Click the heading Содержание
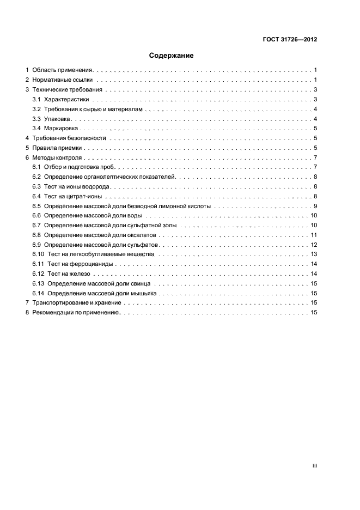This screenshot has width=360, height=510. [x=172, y=56]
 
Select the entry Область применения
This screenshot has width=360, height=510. [x=63, y=70]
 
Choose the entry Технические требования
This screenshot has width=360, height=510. [x=67, y=89]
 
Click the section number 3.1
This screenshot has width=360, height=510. [x=36, y=99]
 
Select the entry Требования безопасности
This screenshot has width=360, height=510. [x=69, y=138]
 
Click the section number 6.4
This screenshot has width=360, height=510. [x=36, y=196]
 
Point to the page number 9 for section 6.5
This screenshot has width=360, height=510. [x=315, y=206]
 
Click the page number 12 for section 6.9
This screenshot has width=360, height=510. [x=314, y=245]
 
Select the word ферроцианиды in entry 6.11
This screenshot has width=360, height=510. [x=95, y=264]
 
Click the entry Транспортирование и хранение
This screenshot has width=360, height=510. [x=79, y=303]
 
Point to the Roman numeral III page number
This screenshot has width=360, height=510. [x=314, y=466]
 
